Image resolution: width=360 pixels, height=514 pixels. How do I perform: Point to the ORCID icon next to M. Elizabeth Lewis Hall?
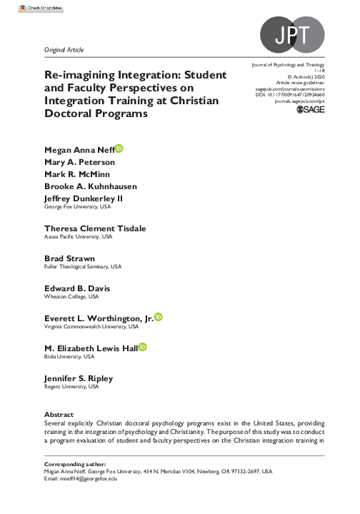142,347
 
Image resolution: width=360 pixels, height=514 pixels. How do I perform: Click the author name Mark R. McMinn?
77,174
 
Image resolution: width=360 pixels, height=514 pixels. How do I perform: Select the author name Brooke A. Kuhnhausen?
91,186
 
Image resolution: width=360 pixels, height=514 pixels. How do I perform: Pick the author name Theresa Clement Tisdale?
95,228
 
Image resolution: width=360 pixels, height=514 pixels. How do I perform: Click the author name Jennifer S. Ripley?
79,378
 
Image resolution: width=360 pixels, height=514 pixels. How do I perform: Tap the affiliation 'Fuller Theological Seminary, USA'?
83,266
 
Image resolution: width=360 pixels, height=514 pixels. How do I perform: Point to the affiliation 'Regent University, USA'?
71,386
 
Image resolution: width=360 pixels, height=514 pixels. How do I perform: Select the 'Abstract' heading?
59,413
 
